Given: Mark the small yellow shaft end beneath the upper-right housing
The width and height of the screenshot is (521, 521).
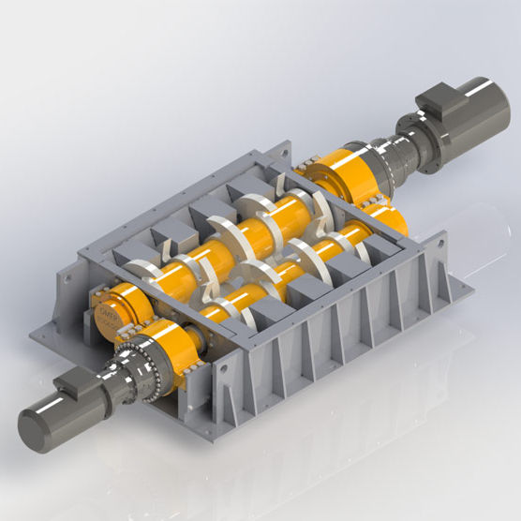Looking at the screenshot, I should tap(394, 221).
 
